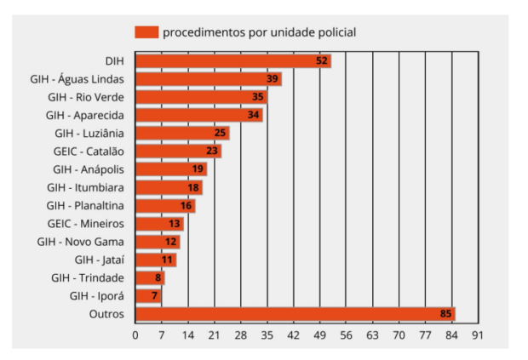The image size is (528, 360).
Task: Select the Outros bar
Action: [295, 314]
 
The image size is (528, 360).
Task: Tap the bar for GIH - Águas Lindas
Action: [208, 79]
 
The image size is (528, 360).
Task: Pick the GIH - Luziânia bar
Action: [181, 133]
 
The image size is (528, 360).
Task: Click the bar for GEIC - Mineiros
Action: [159, 224]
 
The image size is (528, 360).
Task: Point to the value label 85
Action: [445, 314]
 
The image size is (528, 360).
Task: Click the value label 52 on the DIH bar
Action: [321, 61]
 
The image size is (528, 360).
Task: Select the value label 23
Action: [212, 151]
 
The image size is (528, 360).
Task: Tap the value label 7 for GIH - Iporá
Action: [154, 296]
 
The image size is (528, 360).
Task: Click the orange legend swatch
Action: [146, 32]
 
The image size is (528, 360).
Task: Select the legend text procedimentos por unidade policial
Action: [259, 32]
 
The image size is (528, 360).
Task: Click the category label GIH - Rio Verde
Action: [85, 97]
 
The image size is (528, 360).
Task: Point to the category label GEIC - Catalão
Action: [88, 151]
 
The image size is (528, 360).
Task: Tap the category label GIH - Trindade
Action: [88, 278]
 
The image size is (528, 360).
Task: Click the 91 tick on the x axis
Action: [477, 335]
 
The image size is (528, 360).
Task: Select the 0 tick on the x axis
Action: [135, 335]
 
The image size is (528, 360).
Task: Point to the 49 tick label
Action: [319, 335]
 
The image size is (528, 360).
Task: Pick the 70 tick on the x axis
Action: [398, 335]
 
